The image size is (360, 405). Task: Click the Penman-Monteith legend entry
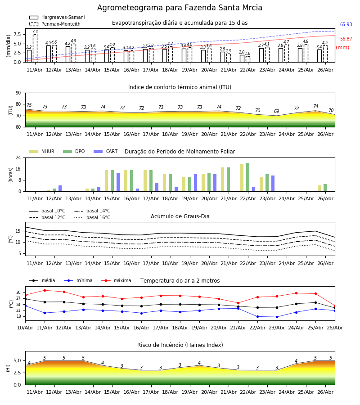pos(55,24)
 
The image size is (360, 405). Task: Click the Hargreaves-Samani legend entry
pos(57,17)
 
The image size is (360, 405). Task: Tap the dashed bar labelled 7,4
pos(35,48)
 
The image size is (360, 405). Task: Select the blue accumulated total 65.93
pos(346,25)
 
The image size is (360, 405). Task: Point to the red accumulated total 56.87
pos(346,39)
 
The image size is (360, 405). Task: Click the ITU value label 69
pos(277,111)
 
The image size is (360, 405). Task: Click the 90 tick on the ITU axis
pos(18,93)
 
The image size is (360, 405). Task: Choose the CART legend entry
pos(106,151)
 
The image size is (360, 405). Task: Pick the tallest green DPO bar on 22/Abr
pos(247,177)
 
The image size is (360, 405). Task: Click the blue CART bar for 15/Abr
pos(118,182)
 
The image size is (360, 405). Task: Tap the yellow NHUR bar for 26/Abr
pos(319,189)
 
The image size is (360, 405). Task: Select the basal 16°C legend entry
pos(92,217)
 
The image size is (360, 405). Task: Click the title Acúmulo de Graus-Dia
pos(180,216)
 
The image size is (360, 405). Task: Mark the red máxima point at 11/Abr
pos(45,290)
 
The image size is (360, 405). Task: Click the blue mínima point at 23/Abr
pos(277,317)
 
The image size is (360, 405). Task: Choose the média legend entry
pos(42,280)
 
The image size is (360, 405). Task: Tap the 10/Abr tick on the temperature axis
pos(25,328)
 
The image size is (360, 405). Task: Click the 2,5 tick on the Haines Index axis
pos(18,373)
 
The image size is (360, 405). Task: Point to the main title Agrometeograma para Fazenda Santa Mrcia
pos(180,8)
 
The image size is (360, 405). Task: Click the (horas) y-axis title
pos(11,175)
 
